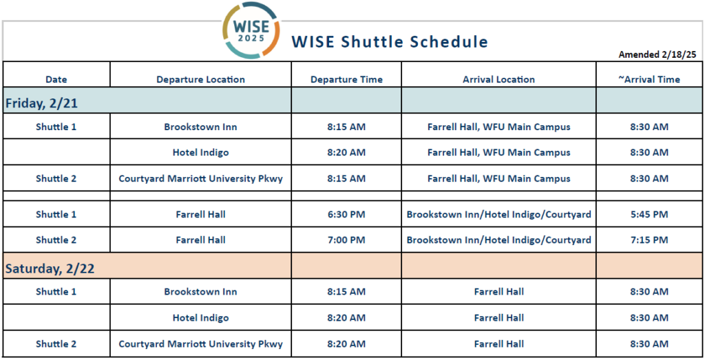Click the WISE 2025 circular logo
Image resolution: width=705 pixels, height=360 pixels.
tap(251, 30)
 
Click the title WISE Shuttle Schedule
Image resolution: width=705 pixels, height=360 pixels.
tap(390, 42)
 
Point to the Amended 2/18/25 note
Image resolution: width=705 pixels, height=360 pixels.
tap(657, 54)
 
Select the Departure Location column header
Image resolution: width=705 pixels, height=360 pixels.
tap(200, 80)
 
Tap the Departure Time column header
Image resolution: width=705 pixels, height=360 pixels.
tap(347, 80)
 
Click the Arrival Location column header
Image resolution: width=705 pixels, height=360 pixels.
tap(499, 80)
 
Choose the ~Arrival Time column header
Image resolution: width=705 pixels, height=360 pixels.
tap(649, 80)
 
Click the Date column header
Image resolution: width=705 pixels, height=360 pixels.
tap(56, 80)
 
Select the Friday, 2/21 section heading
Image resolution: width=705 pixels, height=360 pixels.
tap(41, 103)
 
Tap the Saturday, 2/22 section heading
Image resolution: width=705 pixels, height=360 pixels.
tap(50, 268)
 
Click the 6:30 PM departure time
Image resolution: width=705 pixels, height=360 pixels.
tap(346, 214)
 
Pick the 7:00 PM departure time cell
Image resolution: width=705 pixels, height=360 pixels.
tap(346, 240)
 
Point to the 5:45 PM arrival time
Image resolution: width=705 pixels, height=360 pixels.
tap(649, 214)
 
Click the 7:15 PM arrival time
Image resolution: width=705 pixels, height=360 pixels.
tap(649, 240)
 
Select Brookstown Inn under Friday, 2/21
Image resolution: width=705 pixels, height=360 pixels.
tap(200, 127)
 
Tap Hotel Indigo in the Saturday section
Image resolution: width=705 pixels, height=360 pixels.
tap(200, 318)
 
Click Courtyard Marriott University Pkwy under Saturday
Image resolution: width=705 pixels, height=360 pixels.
tap(200, 343)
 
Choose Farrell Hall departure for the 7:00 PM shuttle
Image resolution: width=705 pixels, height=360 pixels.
tap(200, 240)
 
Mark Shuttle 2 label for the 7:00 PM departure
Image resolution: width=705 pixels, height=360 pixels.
tap(56, 240)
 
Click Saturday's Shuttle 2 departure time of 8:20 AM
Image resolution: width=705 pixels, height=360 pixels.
tap(346, 343)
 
